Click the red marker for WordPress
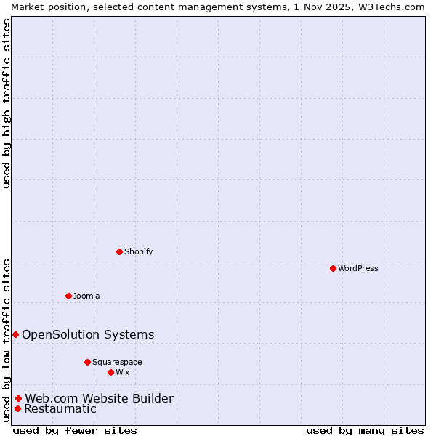pyautogui.click(x=333, y=268)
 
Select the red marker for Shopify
pyautogui.click(x=119, y=251)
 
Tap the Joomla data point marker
pyautogui.click(x=68, y=296)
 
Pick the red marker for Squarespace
pyautogui.click(x=87, y=362)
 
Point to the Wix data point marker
pyautogui.click(x=110, y=372)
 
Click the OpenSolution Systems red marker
pyautogui.click(x=15, y=334)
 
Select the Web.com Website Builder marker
pyautogui.click(x=18, y=398)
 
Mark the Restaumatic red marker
pyautogui.click(x=17, y=408)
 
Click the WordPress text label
pyautogui.click(x=358, y=268)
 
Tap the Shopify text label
pyautogui.click(x=138, y=251)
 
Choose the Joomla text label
pyautogui.click(x=86, y=296)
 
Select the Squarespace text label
pyautogui.click(x=117, y=362)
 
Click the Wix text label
pyautogui.click(x=122, y=372)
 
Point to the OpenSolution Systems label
pyautogui.click(x=88, y=334)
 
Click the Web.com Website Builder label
pyautogui.click(x=99, y=398)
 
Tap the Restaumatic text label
pyautogui.click(x=60, y=408)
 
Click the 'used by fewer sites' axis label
pyautogui.click(x=75, y=430)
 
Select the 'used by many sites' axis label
pyautogui.click(x=365, y=430)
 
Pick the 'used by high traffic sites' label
pyautogui.click(x=7, y=103)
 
